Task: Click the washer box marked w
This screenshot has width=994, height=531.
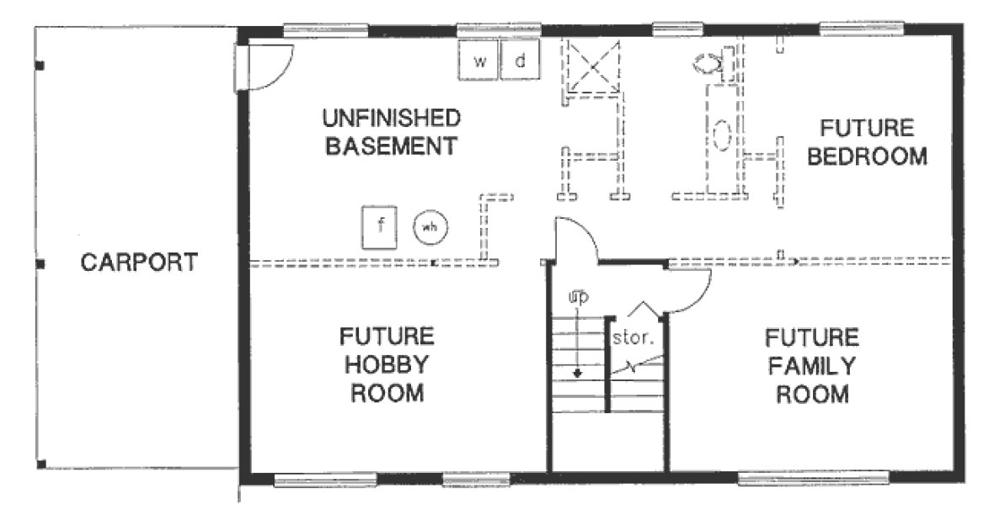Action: (479, 61)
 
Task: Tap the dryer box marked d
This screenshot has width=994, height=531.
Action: (521, 61)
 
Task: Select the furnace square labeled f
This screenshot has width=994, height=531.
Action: (380, 226)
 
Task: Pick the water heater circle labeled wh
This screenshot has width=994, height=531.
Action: (430, 226)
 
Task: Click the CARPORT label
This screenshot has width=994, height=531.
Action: (139, 263)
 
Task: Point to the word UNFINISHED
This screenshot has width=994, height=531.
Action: (390, 117)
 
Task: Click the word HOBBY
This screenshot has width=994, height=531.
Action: (387, 364)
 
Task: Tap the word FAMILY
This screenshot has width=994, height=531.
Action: (811, 366)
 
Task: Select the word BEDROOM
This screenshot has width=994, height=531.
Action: (867, 157)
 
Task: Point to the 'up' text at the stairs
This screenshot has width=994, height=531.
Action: (577, 296)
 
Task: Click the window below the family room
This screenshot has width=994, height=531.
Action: (812, 479)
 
